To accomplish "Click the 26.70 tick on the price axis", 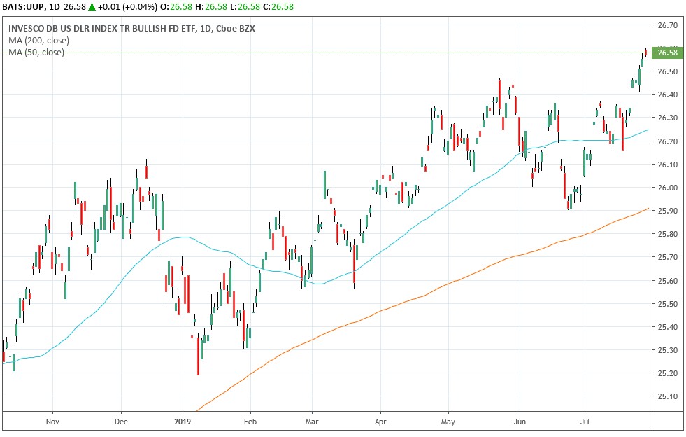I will [x=669, y=25].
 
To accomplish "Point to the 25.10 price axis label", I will [x=669, y=396].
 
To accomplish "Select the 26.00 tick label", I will [x=669, y=188].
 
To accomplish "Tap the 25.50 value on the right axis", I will [x=669, y=304].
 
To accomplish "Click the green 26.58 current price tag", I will [x=667, y=53].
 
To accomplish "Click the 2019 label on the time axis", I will [x=183, y=422].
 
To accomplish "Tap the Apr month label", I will [x=380, y=422].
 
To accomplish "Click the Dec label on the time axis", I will [x=120, y=422].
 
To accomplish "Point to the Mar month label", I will [x=313, y=422].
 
